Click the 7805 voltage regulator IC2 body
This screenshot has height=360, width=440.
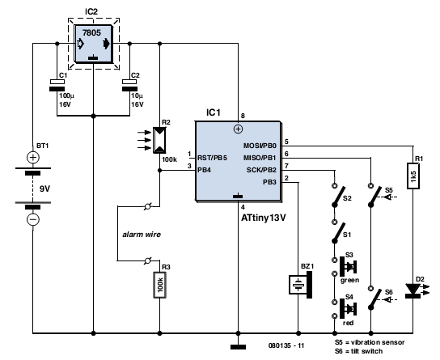pos(94,44)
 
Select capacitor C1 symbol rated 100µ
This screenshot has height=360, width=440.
pos(57,85)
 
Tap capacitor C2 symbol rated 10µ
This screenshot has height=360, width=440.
pos(129,85)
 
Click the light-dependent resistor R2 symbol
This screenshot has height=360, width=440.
pos(159,140)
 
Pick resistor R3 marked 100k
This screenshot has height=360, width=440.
pos(159,285)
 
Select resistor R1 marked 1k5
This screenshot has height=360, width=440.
pos(413,176)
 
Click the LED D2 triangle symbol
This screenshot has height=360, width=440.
pos(413,290)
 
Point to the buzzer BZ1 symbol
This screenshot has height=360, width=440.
pos(301,285)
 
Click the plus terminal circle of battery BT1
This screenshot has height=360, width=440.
pos(33,158)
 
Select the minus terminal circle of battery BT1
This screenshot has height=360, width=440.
pos(33,219)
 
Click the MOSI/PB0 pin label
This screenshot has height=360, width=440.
pos(260,146)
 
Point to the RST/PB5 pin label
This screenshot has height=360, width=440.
pos(213,158)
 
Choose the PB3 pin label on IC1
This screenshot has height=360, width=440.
pos(269,182)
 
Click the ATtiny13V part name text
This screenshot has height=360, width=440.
pos(264,218)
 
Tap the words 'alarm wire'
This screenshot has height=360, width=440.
pos(142,235)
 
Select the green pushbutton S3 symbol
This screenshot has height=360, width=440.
pos(348,267)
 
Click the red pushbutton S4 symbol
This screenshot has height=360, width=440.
pos(348,309)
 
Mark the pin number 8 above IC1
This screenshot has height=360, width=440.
pos(243,116)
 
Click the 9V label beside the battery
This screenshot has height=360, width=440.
pos(44,188)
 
